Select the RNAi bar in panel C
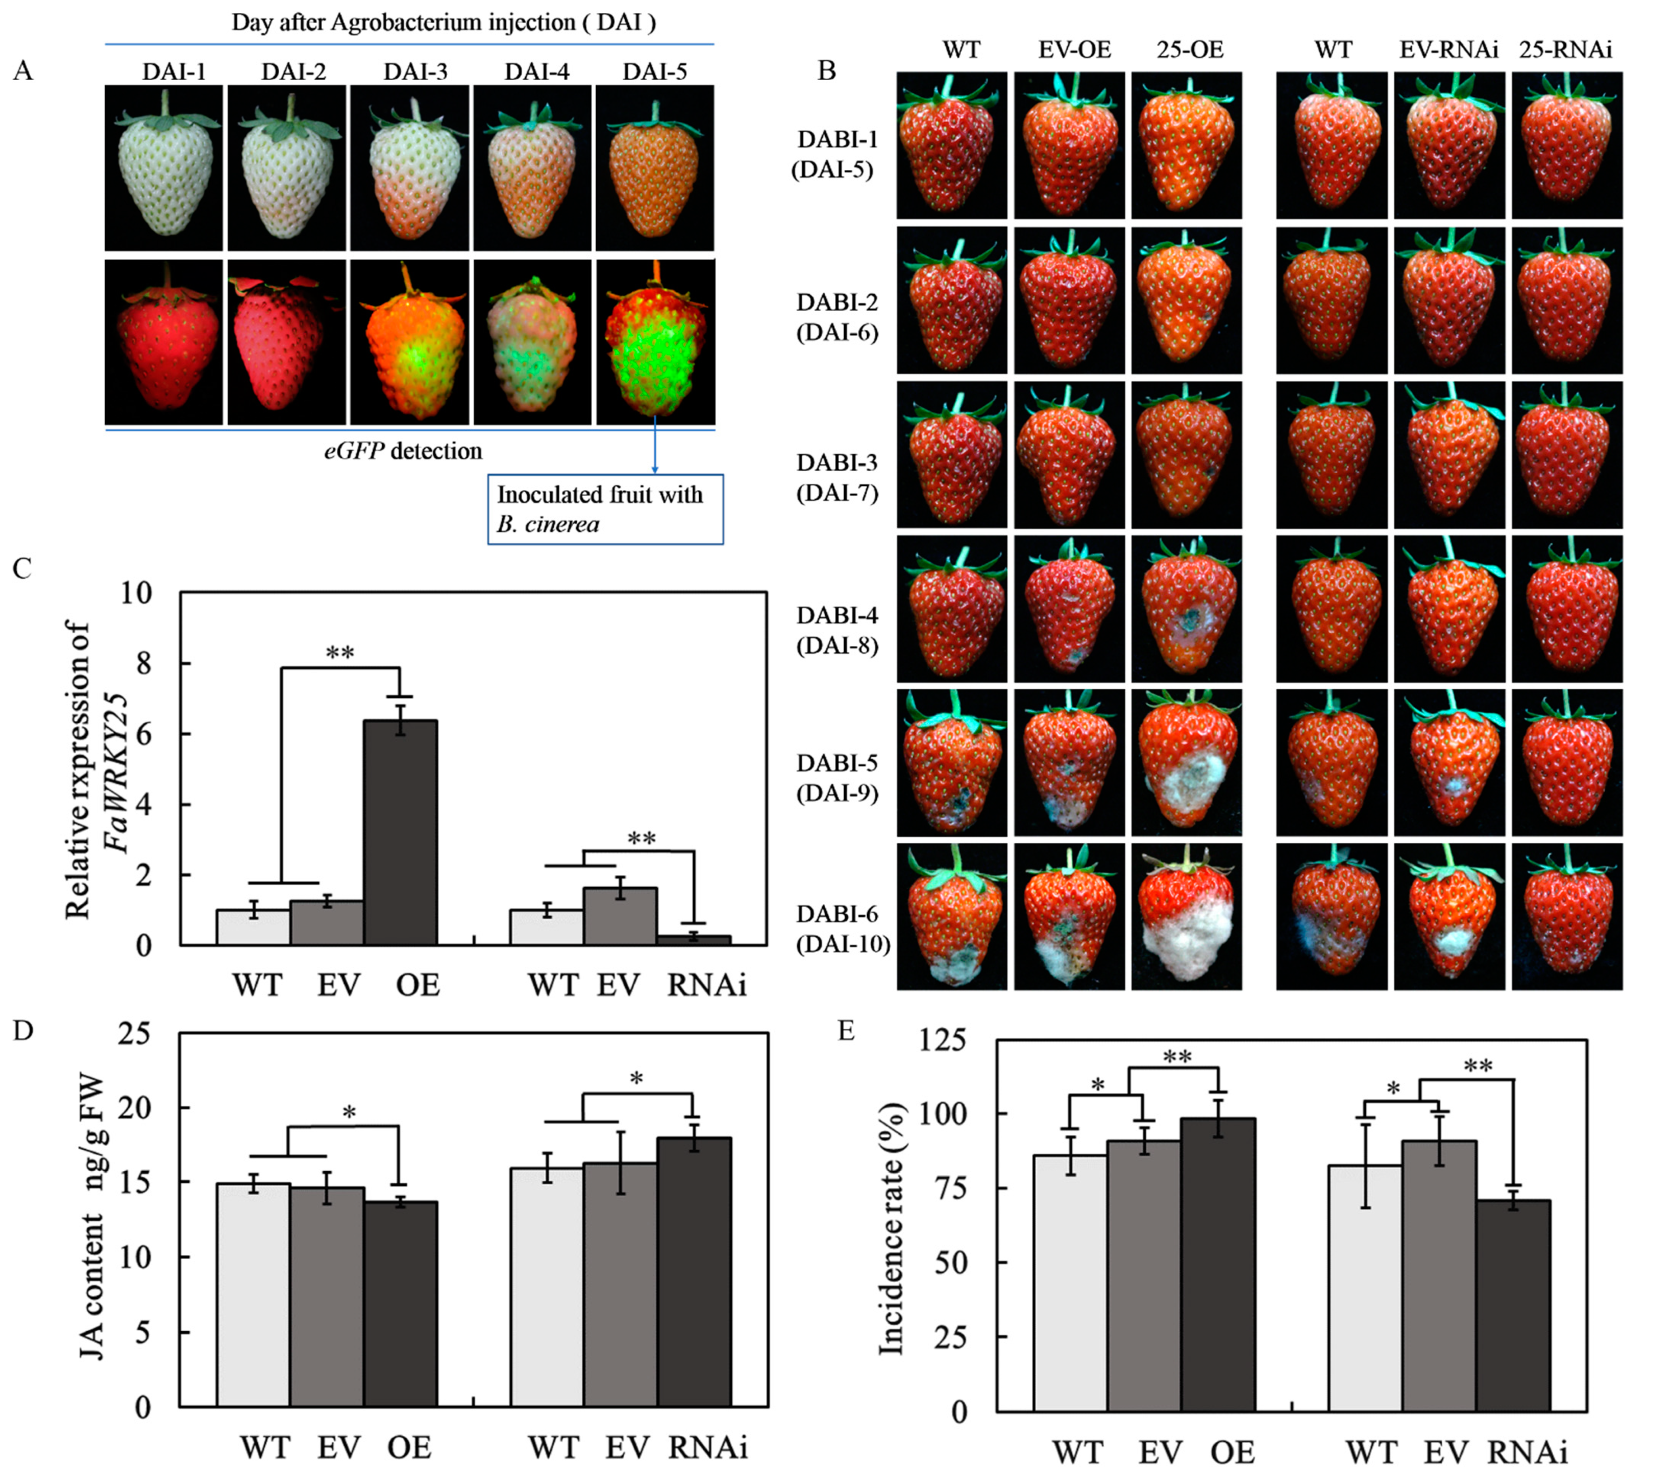pos(693,939)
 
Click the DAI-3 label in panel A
pos(416,72)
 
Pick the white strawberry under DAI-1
pos(166,169)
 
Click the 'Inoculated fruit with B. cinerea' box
pos(605,509)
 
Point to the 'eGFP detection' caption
pos(403,450)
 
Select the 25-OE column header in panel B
pos(1189,50)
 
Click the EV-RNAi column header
pos(1448,50)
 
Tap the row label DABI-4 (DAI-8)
pos(838,630)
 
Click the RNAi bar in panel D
pos(694,1273)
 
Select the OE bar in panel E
pos(1218,1266)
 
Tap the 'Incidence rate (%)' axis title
pos(892,1230)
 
